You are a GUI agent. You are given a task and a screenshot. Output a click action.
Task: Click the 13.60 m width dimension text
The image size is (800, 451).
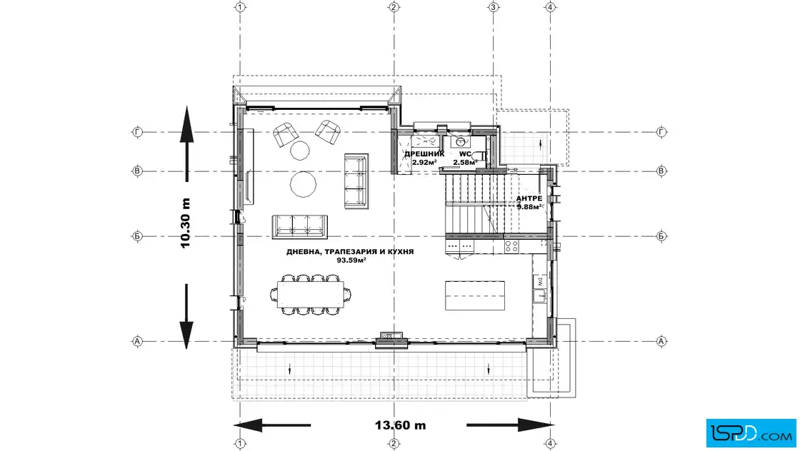click(401, 425)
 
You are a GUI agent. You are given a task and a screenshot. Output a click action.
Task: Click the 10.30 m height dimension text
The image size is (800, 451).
click(185, 223)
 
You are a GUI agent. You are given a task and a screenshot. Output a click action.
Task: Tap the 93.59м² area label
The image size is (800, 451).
click(351, 260)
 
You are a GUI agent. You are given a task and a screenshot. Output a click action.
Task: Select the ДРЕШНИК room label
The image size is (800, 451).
click(424, 153)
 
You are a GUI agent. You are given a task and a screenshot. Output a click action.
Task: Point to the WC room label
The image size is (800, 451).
click(465, 153)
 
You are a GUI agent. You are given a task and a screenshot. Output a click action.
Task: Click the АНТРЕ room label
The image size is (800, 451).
click(529, 198)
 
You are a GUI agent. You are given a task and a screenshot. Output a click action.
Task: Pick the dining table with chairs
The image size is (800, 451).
click(311, 295)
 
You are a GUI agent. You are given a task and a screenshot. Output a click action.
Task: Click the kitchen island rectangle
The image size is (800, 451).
click(474, 295)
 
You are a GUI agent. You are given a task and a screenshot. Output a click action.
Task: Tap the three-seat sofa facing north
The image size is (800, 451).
click(299, 227)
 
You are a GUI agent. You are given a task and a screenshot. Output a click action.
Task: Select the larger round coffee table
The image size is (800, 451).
click(303, 184)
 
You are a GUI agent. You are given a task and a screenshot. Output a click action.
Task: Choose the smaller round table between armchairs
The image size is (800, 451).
click(299, 151)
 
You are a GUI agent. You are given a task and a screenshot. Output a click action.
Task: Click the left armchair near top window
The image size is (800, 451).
click(285, 135)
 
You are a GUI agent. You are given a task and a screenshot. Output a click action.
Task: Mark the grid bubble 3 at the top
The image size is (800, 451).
click(493, 7)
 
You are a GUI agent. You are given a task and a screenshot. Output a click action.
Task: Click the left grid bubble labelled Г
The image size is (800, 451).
click(137, 132)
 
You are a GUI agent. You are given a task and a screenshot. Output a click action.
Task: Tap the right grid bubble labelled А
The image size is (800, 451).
click(661, 341)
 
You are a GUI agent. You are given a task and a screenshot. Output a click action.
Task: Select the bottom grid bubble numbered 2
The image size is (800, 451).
click(394, 444)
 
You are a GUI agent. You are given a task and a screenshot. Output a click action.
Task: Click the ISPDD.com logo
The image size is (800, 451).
click(751, 432)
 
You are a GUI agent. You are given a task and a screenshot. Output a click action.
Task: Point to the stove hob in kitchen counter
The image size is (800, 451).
click(511, 247)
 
